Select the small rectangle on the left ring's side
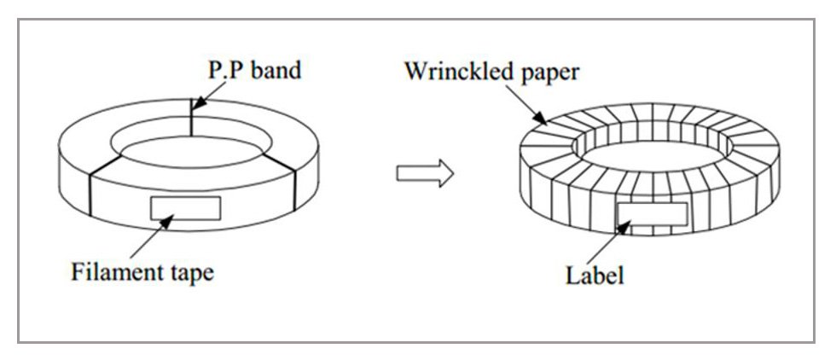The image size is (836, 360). coord(185,207)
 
